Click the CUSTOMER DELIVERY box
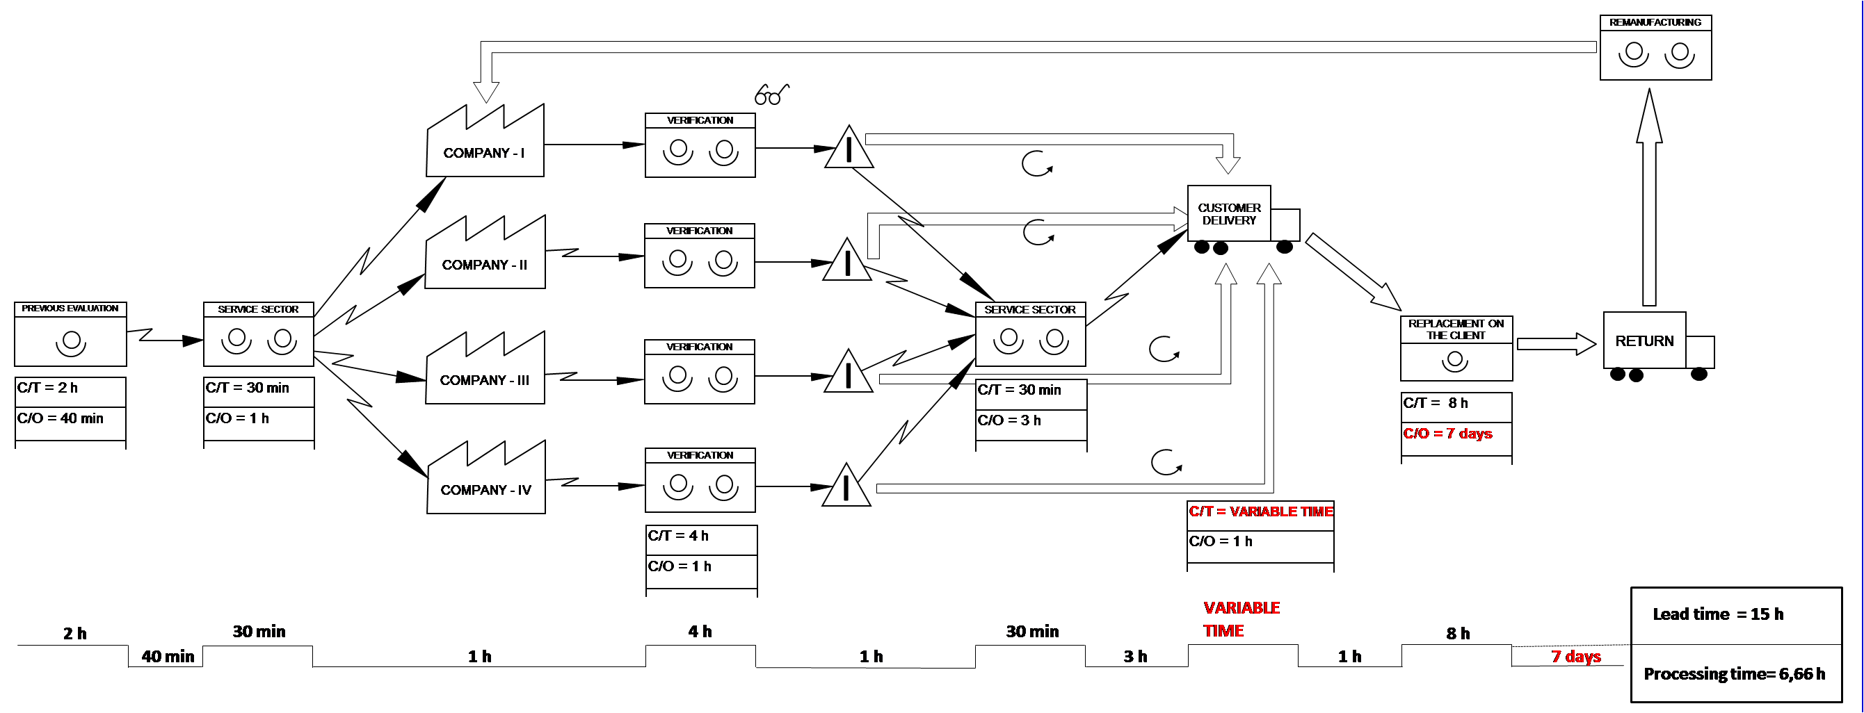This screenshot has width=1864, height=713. click(1229, 214)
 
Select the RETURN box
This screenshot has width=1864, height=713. click(1644, 341)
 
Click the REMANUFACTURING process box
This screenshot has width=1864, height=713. click(1655, 48)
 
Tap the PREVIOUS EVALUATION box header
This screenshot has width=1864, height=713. click(70, 309)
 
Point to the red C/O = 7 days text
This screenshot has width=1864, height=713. click(1447, 434)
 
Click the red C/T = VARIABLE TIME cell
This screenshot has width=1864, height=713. click(1260, 512)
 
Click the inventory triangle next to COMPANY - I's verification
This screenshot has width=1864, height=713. click(848, 149)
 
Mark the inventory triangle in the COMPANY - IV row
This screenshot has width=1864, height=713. click(846, 487)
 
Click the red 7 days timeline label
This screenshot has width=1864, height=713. click(1576, 657)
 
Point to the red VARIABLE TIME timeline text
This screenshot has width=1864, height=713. click(1241, 619)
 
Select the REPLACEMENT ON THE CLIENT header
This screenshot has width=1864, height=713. click(1456, 329)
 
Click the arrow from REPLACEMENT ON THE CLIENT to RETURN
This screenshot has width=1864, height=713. click(1554, 344)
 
